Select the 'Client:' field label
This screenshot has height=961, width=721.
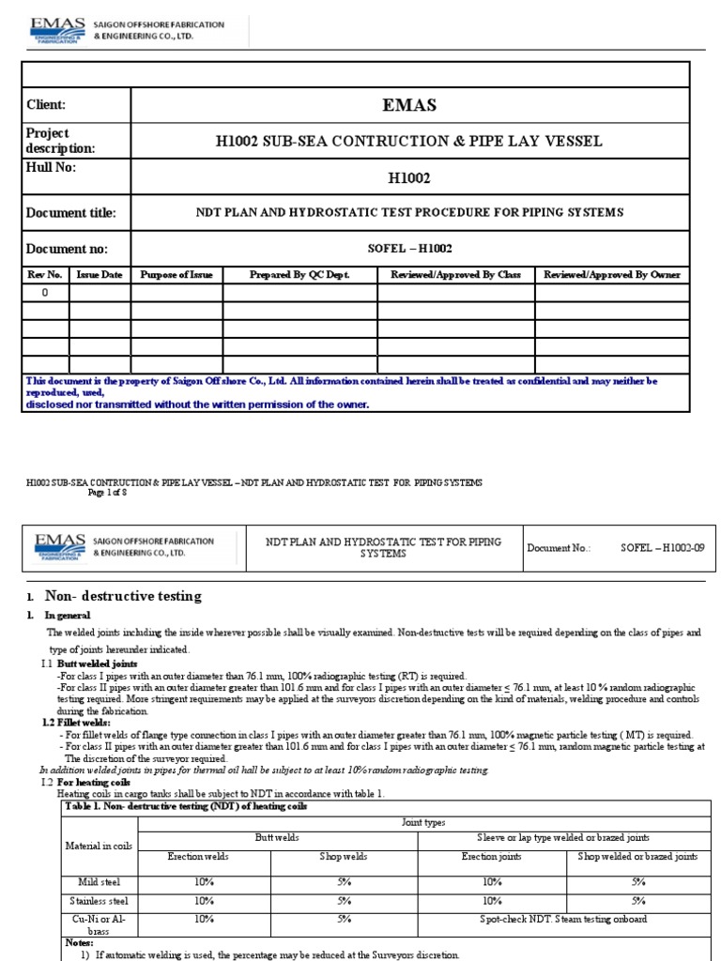(x=46, y=105)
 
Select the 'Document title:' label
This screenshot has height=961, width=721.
(x=71, y=213)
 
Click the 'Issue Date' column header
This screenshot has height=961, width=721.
(x=100, y=275)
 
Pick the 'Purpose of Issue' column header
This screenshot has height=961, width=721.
(x=176, y=275)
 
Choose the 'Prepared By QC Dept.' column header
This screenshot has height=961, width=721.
(x=299, y=275)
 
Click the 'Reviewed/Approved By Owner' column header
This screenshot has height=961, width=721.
(x=612, y=275)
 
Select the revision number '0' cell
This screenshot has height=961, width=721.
(x=44, y=293)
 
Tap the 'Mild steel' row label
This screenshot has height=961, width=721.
(x=99, y=882)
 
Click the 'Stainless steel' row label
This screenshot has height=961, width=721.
(x=99, y=900)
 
